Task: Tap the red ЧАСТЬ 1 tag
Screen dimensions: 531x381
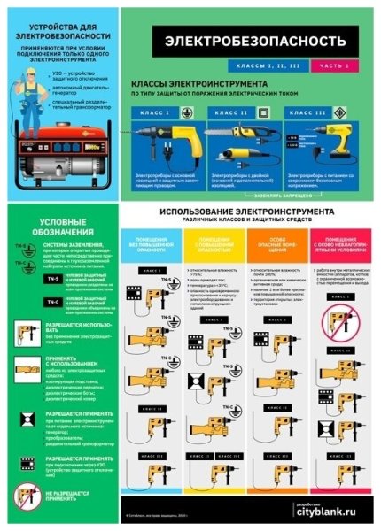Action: pyautogui.click(x=341, y=66)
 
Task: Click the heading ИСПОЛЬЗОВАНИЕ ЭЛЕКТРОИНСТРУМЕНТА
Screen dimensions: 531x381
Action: pyautogui.click(x=247, y=213)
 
